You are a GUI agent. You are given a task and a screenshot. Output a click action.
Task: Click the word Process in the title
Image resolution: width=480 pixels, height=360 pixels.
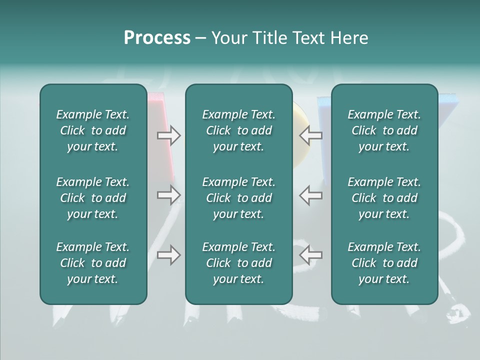157,38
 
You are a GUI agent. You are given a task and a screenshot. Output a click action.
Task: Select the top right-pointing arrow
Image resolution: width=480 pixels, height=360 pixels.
169,135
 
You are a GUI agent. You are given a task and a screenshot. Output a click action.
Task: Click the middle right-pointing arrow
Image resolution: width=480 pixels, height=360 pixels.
169,195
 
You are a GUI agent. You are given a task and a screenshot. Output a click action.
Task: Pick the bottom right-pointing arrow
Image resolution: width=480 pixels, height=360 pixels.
169,255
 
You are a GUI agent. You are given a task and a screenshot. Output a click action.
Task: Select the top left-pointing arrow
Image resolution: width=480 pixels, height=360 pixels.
310,135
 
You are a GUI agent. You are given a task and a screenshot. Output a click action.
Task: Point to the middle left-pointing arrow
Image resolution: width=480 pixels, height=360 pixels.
310,195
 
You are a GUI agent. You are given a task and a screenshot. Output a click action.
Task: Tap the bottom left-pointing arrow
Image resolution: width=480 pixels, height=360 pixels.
310,255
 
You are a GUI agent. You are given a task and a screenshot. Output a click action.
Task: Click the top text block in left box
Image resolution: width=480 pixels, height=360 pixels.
93,130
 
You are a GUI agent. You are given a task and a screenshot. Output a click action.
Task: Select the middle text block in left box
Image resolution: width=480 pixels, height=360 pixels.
93,198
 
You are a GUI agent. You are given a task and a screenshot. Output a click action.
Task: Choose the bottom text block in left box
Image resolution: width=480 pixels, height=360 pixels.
93,263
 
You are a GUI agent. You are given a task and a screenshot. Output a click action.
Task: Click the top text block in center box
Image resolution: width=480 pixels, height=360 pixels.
238,130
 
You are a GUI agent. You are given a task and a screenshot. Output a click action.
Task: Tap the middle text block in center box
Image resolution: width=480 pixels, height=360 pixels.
238,198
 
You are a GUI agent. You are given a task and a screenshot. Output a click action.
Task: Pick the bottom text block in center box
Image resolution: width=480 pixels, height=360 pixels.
238,263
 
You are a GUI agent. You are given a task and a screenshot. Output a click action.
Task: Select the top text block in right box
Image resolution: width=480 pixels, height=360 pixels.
384,130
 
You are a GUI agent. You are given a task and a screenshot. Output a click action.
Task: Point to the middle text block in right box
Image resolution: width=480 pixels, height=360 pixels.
384,198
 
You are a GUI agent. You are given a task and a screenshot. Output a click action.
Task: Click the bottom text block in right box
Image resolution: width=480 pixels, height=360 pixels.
384,263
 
